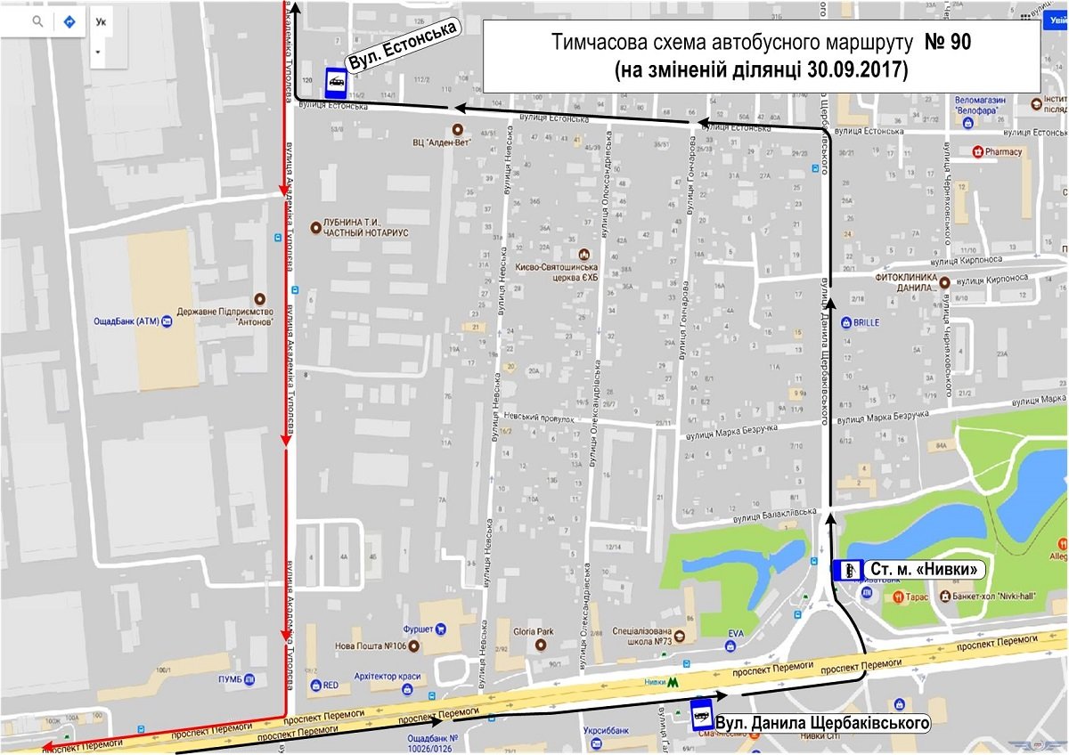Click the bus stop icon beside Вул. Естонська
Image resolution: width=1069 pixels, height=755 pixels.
[335, 84]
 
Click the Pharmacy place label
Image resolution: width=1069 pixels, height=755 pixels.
[1004, 151]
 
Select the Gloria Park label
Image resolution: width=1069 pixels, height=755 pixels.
[533, 632]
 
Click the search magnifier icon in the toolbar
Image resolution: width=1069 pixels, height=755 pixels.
[37, 22]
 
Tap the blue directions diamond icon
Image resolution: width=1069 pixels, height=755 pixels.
[68, 22]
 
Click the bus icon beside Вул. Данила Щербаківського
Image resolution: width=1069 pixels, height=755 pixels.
[701, 714]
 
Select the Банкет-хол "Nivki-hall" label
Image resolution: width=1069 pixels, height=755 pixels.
[989, 596]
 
